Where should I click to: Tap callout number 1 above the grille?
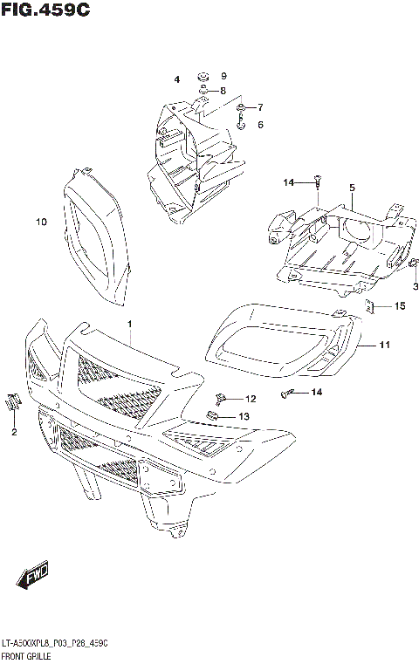(x=129, y=325)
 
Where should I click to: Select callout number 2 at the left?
(x=14, y=431)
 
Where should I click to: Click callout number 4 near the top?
(x=351, y=188)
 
